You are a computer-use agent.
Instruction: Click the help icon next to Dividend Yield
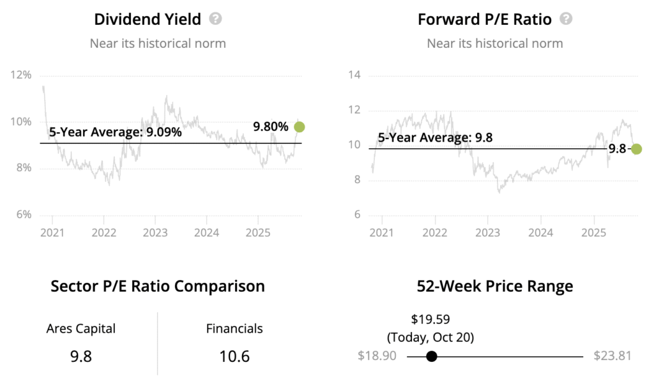coord(216,19)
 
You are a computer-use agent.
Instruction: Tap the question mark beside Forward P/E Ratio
coord(566,19)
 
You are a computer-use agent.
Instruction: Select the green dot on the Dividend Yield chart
coord(299,127)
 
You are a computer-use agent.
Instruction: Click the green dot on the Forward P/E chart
coord(636,149)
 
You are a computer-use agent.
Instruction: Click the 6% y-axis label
coord(23,214)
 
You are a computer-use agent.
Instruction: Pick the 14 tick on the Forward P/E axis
coord(354,75)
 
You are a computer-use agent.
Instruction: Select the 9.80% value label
coord(271,127)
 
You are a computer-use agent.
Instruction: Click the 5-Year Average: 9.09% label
coord(116,133)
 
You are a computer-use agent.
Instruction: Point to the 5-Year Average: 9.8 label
coord(435,137)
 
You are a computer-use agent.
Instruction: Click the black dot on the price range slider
coord(432,356)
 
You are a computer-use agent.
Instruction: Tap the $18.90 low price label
coord(377,356)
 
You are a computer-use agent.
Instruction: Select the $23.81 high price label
coord(612,356)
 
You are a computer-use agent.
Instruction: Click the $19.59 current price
coord(431,319)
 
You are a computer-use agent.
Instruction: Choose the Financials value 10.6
coord(234,356)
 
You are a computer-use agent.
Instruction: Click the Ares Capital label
coord(81,329)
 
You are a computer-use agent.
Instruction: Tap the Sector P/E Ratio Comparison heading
coord(158,286)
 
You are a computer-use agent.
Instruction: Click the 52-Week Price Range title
coord(495,286)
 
